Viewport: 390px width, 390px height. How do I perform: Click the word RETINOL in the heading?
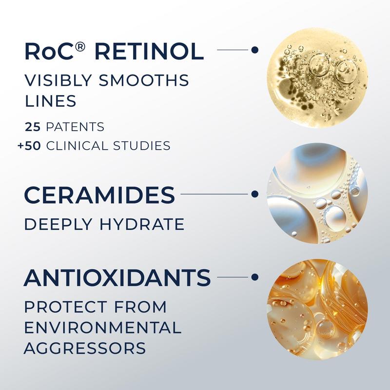(149, 52)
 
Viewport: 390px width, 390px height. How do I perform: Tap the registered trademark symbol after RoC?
(80, 47)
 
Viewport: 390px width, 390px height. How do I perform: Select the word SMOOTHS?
(144, 80)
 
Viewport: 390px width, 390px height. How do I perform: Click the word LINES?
(51, 101)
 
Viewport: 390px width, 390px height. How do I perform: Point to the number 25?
(33, 127)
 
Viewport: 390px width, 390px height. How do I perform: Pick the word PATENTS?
(75, 127)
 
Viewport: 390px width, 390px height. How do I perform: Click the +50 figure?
(29, 146)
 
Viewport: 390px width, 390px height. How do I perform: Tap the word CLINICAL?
(77, 146)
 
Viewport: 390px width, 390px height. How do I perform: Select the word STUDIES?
(142, 146)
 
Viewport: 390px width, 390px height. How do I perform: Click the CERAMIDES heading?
(99, 195)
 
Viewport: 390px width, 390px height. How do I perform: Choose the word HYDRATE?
(142, 224)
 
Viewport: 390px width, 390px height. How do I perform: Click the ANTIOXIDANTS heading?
(117, 277)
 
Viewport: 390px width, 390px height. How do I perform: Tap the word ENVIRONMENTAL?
(103, 327)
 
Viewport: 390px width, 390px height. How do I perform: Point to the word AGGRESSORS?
(85, 348)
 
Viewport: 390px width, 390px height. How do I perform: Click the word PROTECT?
(65, 307)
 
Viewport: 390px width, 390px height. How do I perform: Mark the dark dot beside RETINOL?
(254, 50)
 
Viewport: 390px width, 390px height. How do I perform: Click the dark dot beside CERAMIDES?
(254, 194)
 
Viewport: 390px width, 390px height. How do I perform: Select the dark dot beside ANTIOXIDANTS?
(254, 277)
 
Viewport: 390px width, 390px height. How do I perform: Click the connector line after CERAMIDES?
(214, 194)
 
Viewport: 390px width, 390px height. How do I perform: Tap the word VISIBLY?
(58, 80)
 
